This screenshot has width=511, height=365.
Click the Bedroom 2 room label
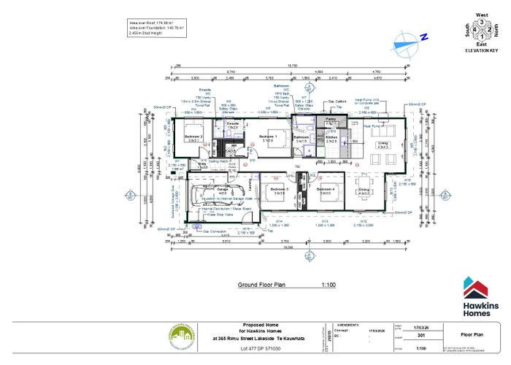coord(193,137)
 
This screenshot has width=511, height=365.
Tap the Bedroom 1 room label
coord(272,136)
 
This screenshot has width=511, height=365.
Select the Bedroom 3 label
coord(280,190)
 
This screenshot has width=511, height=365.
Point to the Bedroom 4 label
coord(325,190)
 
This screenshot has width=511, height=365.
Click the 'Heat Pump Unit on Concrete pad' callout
coord(370,101)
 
